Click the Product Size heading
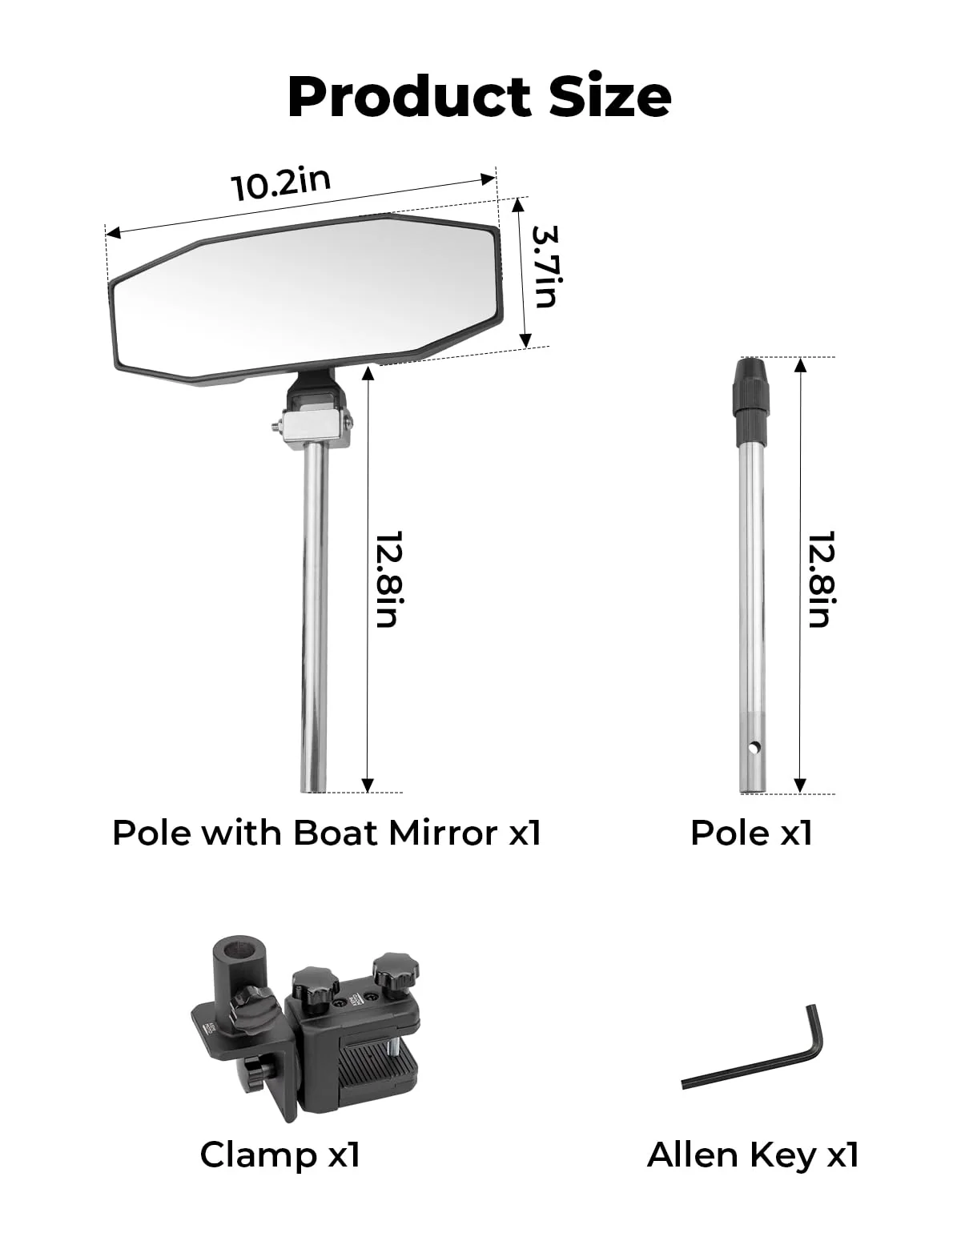click(x=479, y=97)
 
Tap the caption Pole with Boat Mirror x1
click(x=327, y=833)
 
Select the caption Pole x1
click(x=751, y=833)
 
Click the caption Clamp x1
click(x=279, y=1155)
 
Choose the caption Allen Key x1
click(x=753, y=1155)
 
